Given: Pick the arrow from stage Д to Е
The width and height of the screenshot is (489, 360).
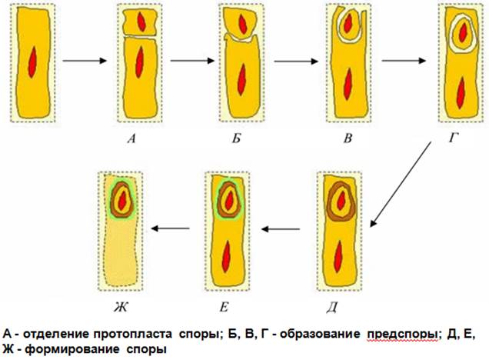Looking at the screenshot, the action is [283, 228].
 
